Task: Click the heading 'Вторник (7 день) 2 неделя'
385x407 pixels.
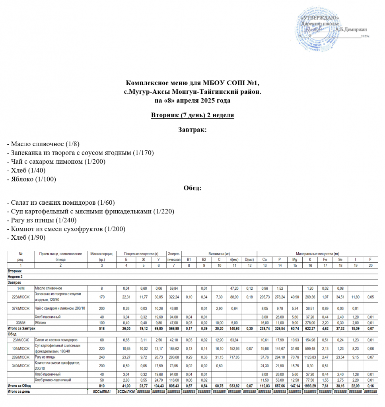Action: pos(192,115)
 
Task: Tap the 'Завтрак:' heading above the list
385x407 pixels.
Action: pos(192,130)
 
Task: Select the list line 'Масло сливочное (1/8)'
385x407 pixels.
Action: pos(47,144)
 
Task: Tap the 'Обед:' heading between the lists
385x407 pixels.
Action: pos(192,188)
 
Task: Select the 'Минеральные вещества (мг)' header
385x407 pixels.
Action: pos(317,254)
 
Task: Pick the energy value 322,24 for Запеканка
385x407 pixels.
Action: pos(174,297)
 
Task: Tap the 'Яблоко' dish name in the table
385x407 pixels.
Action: pos(41,323)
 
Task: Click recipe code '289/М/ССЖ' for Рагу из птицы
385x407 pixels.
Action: pos(20,358)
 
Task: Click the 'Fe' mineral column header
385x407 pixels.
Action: pos(325,259)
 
